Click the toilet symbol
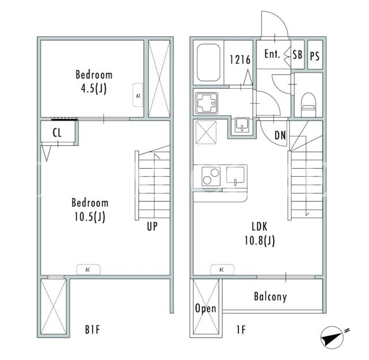point(308,104)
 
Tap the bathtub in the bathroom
point(209,63)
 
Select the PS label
point(315,56)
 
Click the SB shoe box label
point(298,55)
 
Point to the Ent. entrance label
point(272,54)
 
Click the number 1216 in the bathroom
point(240,60)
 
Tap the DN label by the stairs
point(280,135)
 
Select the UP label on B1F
point(152,226)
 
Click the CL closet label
point(57,133)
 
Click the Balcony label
point(270,297)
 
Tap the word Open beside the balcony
point(205,308)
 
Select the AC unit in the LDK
point(222,270)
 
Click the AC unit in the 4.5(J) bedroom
point(138,95)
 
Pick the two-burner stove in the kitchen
point(211,176)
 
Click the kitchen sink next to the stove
point(235,175)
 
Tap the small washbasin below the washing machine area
point(242,124)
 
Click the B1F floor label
point(92,329)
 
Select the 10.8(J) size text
point(259,241)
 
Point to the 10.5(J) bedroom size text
point(90,217)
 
